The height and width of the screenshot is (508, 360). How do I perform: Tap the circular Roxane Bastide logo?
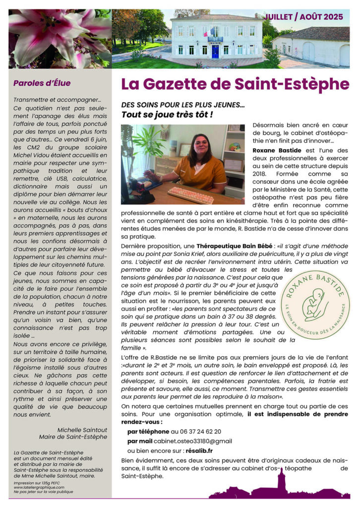pyautogui.click(x=315, y=305)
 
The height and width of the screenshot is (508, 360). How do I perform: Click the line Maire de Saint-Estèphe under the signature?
pyautogui.click(x=73, y=437)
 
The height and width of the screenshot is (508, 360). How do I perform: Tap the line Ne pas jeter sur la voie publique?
pyautogui.click(x=43, y=492)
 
